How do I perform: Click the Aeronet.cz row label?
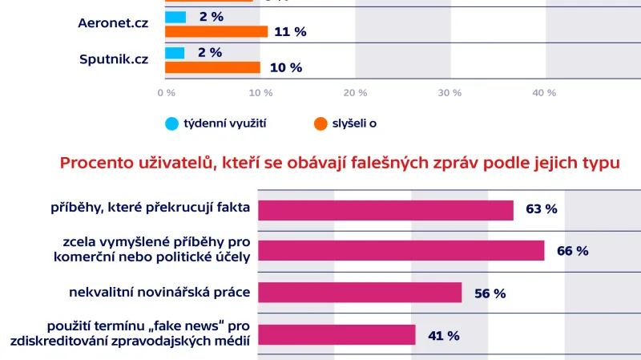pos(114,24)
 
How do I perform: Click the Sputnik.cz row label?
pos(114,59)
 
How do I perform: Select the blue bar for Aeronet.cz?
pos(175,17)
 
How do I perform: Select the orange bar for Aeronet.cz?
pos(216,31)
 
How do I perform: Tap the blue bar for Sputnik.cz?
pos(175,53)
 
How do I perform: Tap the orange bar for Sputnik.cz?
pos(212,67)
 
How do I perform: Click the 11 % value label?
pos(290,32)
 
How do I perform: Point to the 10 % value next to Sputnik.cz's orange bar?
pos(285,68)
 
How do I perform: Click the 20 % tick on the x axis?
pos(355,93)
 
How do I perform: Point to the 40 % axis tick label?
pos(544,93)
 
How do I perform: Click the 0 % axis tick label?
pos(166,93)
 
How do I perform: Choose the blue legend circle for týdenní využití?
pos(171,123)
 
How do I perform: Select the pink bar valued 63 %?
pos(385,209)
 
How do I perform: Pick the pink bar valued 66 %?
pos(401,251)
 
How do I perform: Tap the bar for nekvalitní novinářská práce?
pos(360,293)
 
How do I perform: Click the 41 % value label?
pos(443,336)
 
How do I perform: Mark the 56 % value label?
pos(490,293)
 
